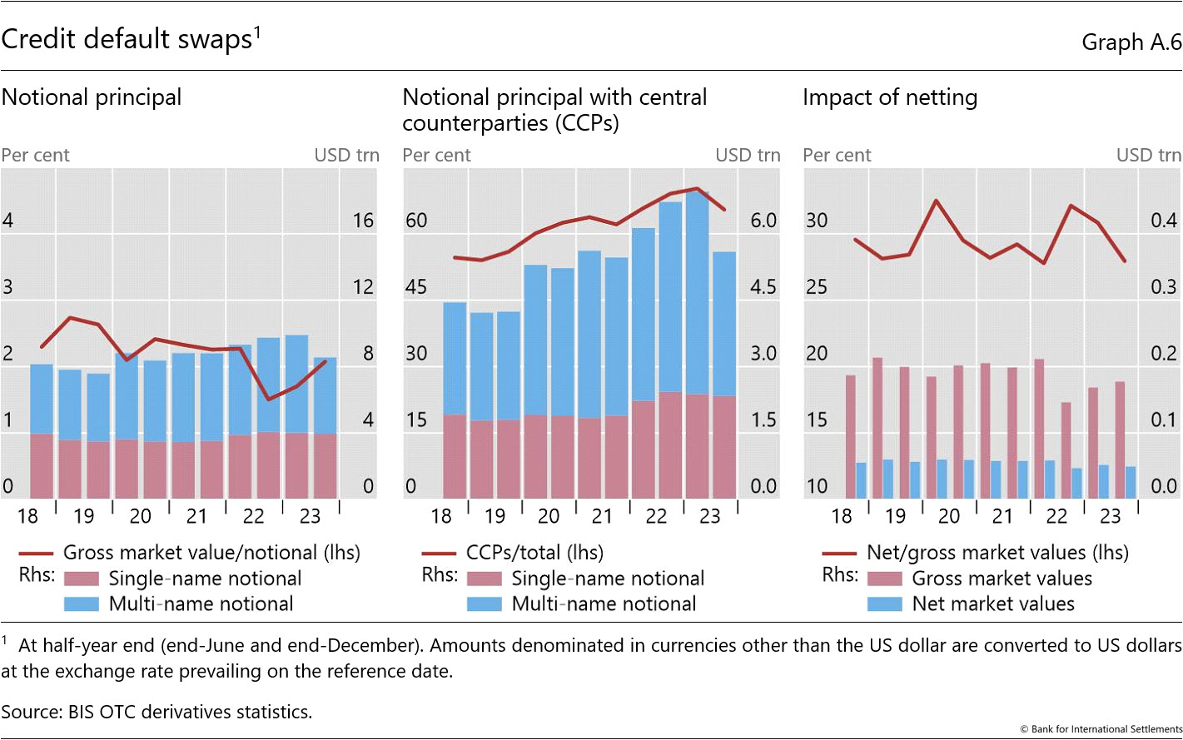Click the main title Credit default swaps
127,39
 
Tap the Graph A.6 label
1131,42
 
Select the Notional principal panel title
92,97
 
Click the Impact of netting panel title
890,97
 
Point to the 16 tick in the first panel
363,221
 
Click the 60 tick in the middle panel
416,221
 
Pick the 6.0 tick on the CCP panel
763,221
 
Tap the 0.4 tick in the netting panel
1164,221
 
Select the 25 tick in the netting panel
817,287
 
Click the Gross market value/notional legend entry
211,553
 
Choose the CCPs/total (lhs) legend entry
534,553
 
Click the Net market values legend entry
992,604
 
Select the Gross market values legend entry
1002,579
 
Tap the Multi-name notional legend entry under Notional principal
201,604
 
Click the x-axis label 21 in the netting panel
1002,517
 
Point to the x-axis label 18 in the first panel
27,517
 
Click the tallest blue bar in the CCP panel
697,291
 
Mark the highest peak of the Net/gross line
936,201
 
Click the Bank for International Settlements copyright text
1101,729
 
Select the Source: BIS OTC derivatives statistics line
157,712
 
